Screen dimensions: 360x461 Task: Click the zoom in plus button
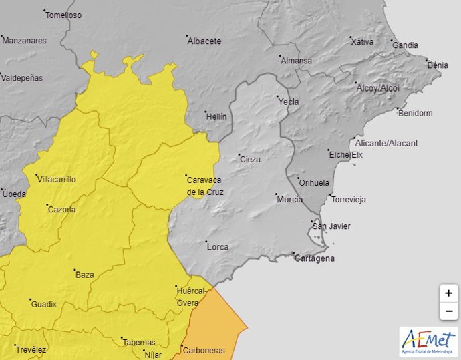(x=448, y=293)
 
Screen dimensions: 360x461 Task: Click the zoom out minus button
(x=448, y=311)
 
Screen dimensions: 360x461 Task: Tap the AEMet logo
(x=428, y=341)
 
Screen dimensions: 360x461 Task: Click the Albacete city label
(x=204, y=41)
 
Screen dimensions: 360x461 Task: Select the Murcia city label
(x=289, y=200)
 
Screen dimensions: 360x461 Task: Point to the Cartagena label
(x=315, y=258)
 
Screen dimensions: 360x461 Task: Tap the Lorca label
(x=218, y=247)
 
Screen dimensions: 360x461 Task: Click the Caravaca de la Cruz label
(x=205, y=186)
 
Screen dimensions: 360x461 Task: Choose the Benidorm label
(x=415, y=113)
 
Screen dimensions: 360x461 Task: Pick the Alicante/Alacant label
(x=387, y=143)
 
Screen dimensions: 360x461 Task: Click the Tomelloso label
(x=64, y=15)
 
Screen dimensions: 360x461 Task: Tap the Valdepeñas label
(x=22, y=78)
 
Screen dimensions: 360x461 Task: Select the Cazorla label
(x=62, y=209)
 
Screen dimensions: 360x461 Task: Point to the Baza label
(x=85, y=275)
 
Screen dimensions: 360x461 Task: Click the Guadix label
(x=44, y=305)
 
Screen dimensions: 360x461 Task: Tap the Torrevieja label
(x=350, y=199)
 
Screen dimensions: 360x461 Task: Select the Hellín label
(x=216, y=116)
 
